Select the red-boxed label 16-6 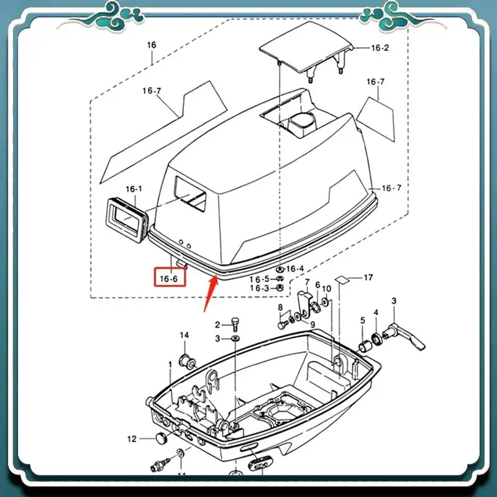click(168, 279)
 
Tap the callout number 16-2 click(380, 48)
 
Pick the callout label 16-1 click(134, 189)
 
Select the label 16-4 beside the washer click(294, 269)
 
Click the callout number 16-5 click(259, 279)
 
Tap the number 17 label click(368, 277)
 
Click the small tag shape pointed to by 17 click(342, 280)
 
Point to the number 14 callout click(184, 335)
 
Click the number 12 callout click(132, 439)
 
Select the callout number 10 click(327, 290)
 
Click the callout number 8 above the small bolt click(280, 308)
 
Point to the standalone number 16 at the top click(152, 45)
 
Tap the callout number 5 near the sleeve click(363, 321)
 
